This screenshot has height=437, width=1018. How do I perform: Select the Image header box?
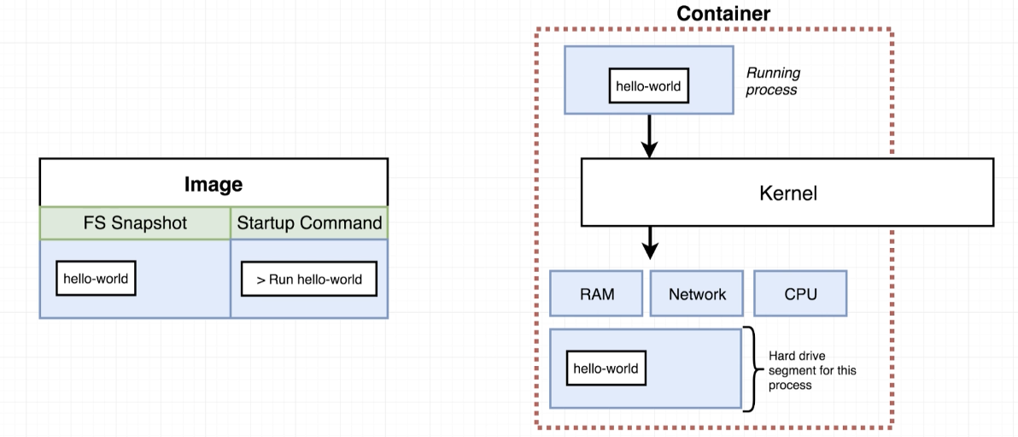pyautogui.click(x=214, y=183)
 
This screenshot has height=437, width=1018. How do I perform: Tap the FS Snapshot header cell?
pyautogui.click(x=135, y=224)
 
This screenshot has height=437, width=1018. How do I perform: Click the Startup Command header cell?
pyautogui.click(x=309, y=224)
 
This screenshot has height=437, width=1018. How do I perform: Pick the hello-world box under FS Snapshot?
pyautogui.click(x=97, y=278)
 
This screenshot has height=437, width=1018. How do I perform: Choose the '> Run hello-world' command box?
pyautogui.click(x=309, y=279)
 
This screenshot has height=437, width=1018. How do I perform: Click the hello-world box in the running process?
pyautogui.click(x=648, y=86)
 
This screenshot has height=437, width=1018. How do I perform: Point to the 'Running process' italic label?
pyautogui.click(x=773, y=81)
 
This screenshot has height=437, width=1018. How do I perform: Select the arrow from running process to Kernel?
pyautogui.click(x=649, y=135)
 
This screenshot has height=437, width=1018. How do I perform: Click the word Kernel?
pyautogui.click(x=787, y=193)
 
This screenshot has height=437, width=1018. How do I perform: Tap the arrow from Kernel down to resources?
pyautogui.click(x=649, y=242)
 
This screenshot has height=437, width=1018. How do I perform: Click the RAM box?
pyautogui.click(x=597, y=293)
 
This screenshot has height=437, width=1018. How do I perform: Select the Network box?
pyautogui.click(x=697, y=293)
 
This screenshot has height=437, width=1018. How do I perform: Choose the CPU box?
pyautogui.click(x=800, y=293)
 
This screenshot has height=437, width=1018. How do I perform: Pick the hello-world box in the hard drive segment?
pyautogui.click(x=606, y=369)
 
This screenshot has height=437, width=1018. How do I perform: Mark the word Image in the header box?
pyautogui.click(x=214, y=185)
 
